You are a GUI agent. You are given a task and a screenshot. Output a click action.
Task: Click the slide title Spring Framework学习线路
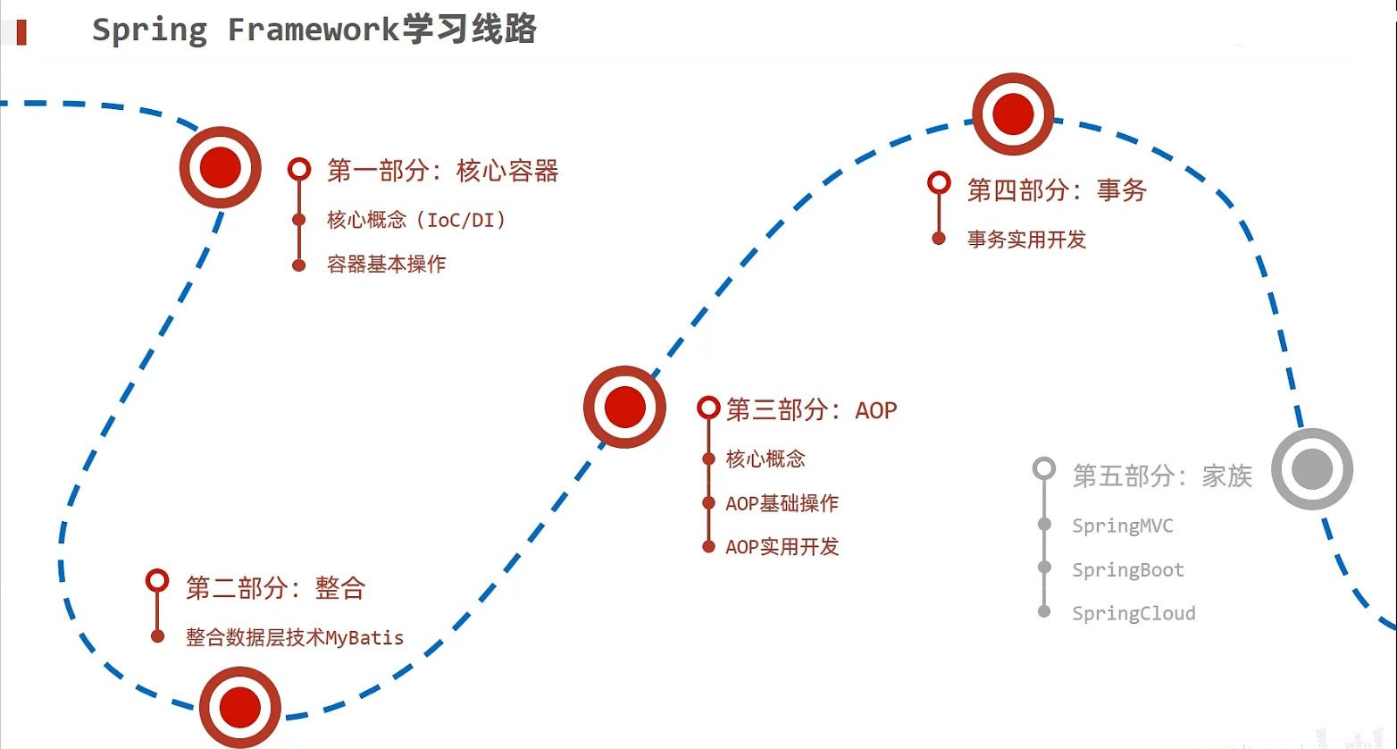(314, 29)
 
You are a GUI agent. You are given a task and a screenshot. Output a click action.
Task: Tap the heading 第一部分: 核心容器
(442, 170)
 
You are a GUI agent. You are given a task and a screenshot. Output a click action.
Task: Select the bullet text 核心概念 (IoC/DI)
(416, 219)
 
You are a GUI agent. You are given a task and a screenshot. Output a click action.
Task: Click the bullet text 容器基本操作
(386, 265)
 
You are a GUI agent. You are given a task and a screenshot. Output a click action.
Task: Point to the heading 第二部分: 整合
(275, 588)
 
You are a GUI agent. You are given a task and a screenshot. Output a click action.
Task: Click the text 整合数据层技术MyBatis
(294, 637)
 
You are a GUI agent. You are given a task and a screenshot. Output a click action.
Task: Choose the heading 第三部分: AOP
(811, 409)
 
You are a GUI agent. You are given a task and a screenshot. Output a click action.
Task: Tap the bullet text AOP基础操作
(782, 503)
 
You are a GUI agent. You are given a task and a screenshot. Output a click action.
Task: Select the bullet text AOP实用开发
(782, 546)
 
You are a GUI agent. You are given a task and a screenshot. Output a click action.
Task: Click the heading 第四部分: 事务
(1057, 189)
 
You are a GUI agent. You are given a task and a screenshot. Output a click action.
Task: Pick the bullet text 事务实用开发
(1026, 239)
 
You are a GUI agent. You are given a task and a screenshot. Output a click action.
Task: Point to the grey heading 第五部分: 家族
(1162, 475)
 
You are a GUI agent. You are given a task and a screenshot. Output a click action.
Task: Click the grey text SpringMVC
(1122, 526)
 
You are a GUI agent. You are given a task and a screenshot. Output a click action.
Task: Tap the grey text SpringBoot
(1127, 569)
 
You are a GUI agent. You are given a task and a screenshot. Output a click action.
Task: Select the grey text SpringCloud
(1133, 613)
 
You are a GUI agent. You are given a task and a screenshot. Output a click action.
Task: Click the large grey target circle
(1312, 469)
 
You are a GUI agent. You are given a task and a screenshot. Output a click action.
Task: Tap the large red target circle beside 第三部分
(624, 407)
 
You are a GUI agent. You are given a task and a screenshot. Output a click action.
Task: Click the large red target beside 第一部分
(221, 167)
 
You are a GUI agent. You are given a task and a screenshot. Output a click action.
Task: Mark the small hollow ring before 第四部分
(939, 182)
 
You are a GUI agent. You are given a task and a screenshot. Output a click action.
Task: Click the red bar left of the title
(21, 32)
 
